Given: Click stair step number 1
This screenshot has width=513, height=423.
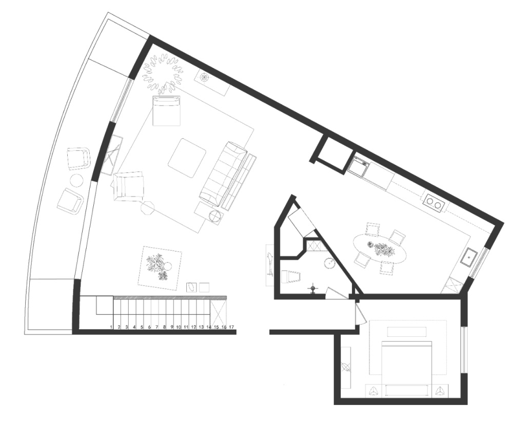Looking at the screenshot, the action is [x=111, y=327].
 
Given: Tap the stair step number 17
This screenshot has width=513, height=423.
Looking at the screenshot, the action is [x=231, y=327].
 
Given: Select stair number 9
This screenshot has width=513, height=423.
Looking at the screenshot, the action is [x=171, y=327].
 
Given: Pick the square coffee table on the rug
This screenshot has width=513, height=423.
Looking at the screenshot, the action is [x=187, y=158].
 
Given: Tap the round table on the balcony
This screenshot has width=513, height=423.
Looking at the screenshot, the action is [x=77, y=181].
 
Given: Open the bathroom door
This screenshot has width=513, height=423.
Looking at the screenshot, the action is [x=337, y=293].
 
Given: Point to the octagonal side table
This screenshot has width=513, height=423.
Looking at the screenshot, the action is [x=148, y=208].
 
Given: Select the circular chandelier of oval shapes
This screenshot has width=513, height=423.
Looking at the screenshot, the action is [x=163, y=72].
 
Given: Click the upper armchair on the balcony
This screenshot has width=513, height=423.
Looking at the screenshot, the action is [x=78, y=158].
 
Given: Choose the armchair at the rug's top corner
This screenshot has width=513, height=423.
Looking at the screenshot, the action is [x=167, y=111].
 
